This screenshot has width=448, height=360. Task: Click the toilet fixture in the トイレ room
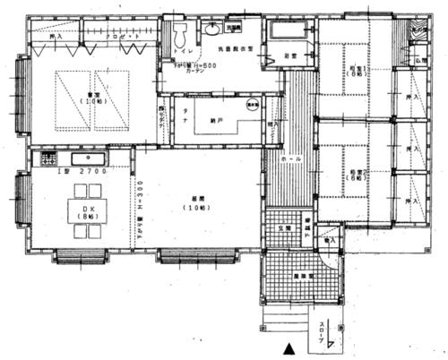click(x=180, y=37)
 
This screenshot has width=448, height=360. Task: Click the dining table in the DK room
click(x=88, y=210)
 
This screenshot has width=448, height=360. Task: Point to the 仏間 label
click(x=420, y=62)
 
